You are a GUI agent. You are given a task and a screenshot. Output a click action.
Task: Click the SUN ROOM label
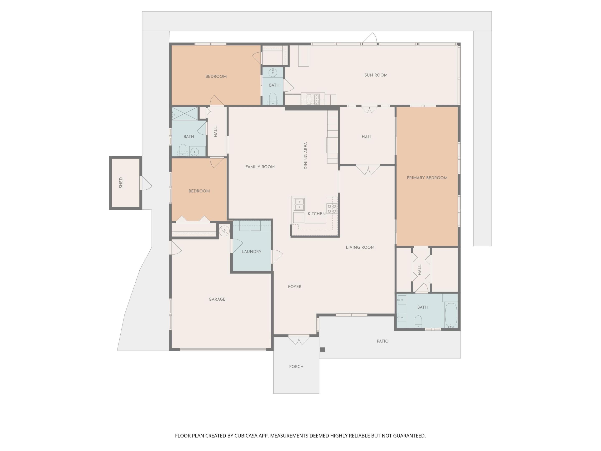click(376, 75)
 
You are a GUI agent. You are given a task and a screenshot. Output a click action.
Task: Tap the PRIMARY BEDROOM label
click(427, 178)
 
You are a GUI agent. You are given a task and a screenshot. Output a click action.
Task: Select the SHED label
click(121, 183)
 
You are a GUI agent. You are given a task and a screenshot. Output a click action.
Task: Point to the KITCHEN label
click(317, 214)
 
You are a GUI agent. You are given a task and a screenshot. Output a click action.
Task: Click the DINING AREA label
click(306, 156)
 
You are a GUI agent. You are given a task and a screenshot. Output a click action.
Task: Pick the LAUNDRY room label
click(251, 251)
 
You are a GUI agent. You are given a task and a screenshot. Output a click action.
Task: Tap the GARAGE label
click(217, 299)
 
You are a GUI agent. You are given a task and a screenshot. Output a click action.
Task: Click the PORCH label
click(296, 366)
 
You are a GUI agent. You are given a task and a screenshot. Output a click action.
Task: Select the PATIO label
click(383, 341)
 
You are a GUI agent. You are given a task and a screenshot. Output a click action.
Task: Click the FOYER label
click(294, 286)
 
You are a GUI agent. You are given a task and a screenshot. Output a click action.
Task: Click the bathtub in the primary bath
click(451, 315)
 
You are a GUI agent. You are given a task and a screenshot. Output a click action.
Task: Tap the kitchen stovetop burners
click(332, 209)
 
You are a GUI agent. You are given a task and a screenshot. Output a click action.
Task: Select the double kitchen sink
click(299, 204)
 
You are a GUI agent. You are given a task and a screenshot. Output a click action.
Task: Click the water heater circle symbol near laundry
click(224, 231)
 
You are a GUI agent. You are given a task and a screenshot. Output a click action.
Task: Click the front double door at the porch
click(299, 340)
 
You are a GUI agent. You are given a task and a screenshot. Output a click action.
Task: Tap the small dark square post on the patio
click(322, 350)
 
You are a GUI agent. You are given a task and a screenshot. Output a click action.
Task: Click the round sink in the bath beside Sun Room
click(273, 73)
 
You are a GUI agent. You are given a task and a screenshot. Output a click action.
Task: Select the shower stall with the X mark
click(185, 113)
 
